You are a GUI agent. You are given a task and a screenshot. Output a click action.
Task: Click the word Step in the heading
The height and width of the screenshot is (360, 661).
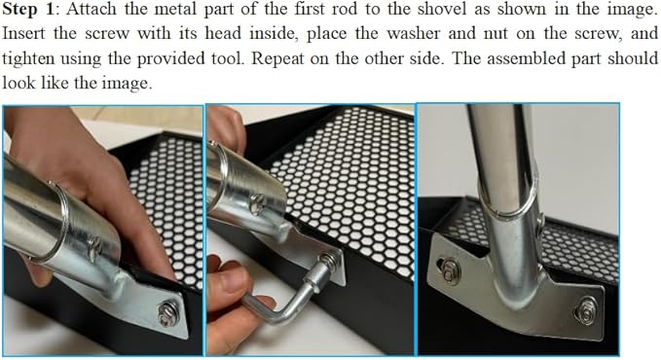19,10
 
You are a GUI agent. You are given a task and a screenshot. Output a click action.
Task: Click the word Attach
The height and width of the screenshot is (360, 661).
92,10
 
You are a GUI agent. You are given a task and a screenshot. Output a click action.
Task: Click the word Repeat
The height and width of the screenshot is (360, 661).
277,58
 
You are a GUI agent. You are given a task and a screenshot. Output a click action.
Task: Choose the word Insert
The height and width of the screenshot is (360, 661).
23,34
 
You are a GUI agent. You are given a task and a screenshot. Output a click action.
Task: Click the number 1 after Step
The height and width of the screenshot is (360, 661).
49,10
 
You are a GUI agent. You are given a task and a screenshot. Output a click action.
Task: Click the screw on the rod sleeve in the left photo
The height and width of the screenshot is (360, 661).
94,248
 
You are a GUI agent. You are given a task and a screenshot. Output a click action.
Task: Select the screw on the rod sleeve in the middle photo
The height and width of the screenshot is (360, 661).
257,202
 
